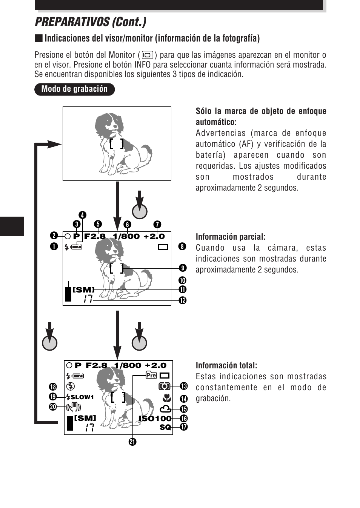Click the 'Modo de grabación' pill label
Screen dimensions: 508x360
74,89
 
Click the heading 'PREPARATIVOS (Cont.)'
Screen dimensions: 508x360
91,22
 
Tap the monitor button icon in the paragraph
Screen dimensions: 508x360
148,55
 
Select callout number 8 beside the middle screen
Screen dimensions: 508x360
182,247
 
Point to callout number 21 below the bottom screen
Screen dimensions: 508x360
132,442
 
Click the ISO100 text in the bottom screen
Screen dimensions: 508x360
155,419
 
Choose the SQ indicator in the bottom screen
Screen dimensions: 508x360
165,427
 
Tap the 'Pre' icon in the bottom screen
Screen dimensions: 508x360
151,375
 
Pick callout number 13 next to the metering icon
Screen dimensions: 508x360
184,386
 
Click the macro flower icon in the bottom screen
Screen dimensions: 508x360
166,398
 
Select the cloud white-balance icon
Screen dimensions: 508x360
165,409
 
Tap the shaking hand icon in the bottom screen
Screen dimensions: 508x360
73,407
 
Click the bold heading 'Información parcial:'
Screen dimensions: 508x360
230,237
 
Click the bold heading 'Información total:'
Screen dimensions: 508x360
226,366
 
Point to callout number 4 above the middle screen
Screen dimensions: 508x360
82,215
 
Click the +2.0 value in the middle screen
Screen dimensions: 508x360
154,237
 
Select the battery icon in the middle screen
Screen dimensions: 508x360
76,247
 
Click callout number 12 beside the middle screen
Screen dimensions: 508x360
183,300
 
